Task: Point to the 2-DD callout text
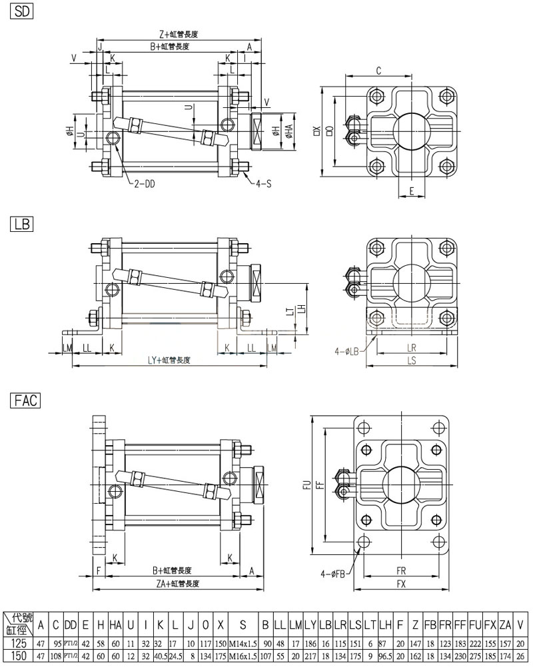tap(144, 185)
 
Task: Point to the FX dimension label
tap(402, 583)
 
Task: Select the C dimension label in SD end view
tap(378, 70)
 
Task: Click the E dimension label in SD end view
tap(412, 191)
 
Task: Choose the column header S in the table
tap(243, 625)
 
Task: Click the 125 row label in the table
tap(19, 645)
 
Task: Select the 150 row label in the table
tap(19, 657)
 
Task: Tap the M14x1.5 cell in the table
tap(243, 645)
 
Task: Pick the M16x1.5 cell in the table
tap(243, 657)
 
